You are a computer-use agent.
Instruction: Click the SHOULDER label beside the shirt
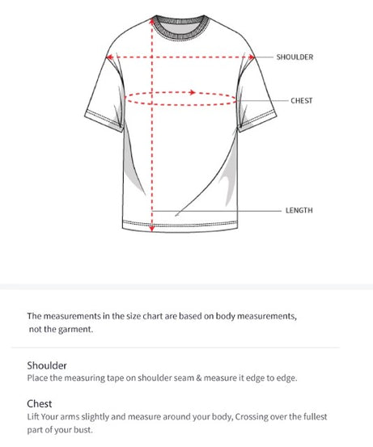click(x=295, y=57)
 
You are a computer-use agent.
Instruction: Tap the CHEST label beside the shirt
click(x=301, y=100)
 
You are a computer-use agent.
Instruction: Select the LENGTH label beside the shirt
click(x=299, y=210)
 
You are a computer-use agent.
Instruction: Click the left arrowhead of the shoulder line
click(x=109, y=57)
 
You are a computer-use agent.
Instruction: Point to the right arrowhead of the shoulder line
click(x=251, y=57)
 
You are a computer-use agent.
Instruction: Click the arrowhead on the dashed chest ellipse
click(x=193, y=92)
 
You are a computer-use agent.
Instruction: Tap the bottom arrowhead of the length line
click(x=152, y=228)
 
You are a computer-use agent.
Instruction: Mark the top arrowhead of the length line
click(x=152, y=21)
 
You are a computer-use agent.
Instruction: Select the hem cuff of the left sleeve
click(x=104, y=120)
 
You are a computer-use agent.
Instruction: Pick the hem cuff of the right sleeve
click(x=257, y=121)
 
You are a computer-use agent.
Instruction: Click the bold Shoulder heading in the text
click(x=47, y=365)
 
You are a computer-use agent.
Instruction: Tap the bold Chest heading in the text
click(x=40, y=403)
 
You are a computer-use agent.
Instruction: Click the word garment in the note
click(x=75, y=330)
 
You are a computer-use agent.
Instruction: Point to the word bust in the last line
click(x=83, y=429)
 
